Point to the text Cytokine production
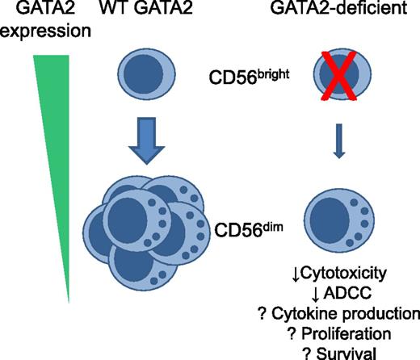[x=341, y=314]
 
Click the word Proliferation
[x=347, y=332]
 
